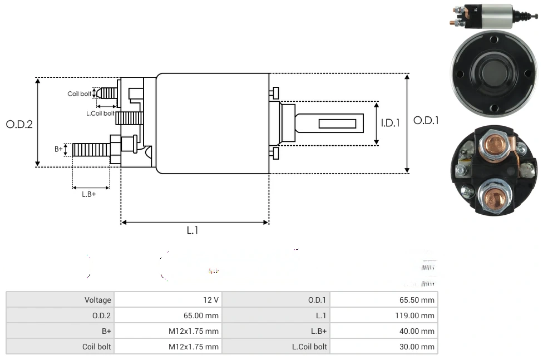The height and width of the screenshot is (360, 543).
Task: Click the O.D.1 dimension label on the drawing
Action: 426,120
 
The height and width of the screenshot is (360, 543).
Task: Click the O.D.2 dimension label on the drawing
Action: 19,124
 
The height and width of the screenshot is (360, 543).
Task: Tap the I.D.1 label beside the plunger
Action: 390,123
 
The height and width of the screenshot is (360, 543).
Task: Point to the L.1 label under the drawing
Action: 192,230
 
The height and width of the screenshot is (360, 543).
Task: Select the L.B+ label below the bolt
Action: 89,194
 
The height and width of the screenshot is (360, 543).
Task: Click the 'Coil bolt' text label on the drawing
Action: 80,93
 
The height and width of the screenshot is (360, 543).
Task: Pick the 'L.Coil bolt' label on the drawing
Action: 100,113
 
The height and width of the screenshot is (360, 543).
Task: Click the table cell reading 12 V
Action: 211,300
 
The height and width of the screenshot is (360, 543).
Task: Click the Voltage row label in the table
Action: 98,300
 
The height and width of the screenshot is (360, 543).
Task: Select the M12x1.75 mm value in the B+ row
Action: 194,331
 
